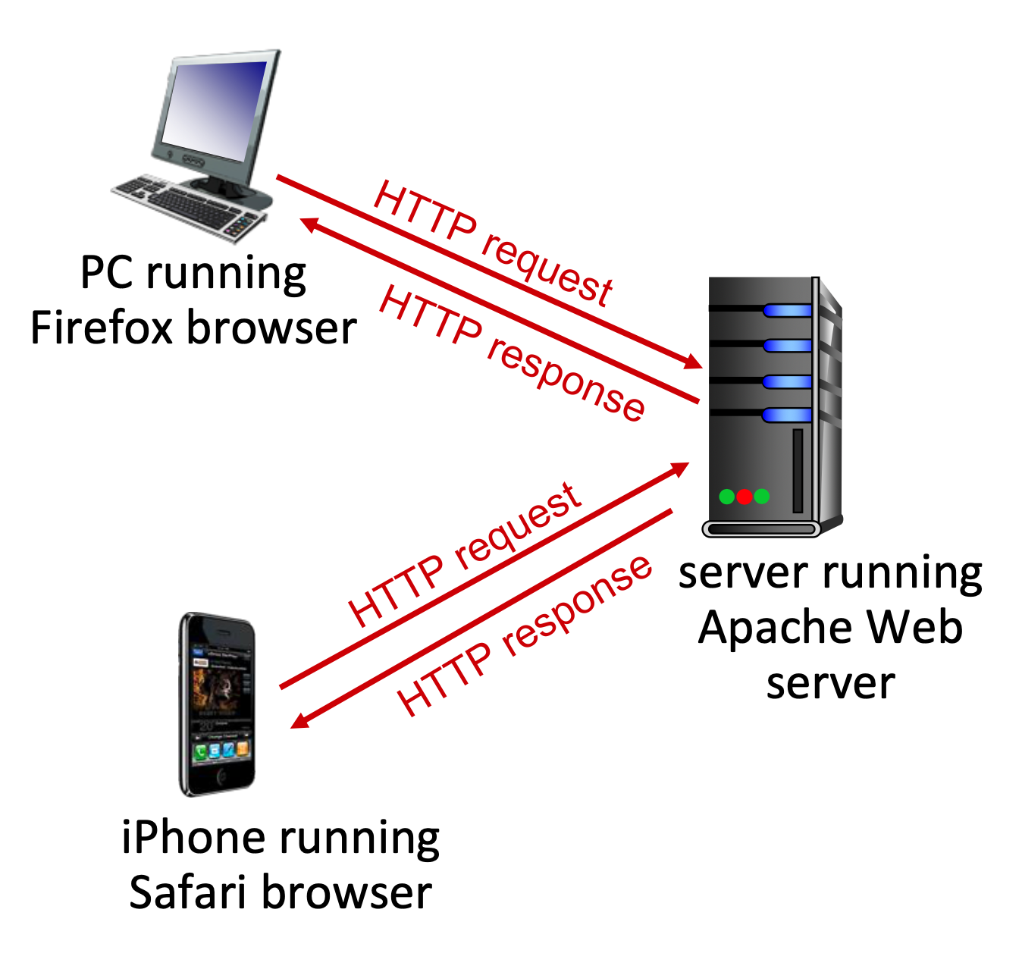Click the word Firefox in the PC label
click(x=102, y=328)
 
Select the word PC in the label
click(x=107, y=273)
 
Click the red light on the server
click(x=744, y=497)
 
